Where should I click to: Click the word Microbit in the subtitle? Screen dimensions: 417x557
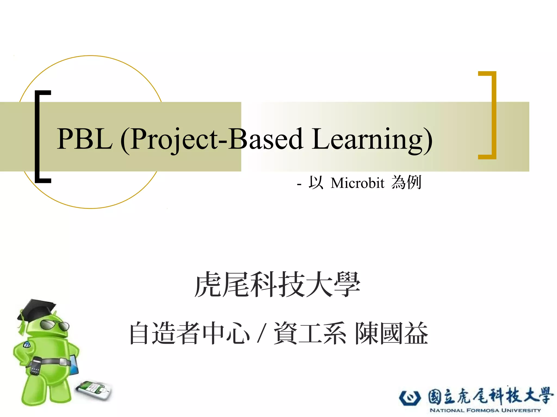(357, 183)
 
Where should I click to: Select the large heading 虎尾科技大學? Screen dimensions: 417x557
(277, 284)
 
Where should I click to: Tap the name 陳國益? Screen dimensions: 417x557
(391, 333)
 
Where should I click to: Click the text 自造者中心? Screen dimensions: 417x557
(189, 333)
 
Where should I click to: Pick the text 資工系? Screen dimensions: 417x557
(310, 333)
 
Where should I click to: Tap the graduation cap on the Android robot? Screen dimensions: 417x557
(37, 310)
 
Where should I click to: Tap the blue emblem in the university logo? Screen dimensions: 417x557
(410, 398)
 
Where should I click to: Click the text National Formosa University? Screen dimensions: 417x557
(485, 410)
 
